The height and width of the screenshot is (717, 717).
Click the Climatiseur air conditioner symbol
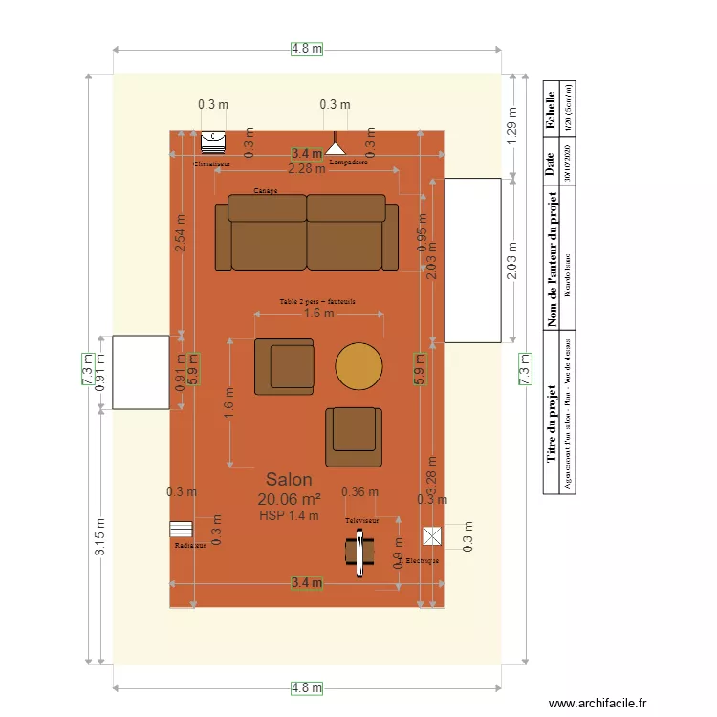click(212, 142)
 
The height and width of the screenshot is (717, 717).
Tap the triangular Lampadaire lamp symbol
click(334, 147)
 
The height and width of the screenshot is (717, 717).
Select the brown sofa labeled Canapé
click(307, 233)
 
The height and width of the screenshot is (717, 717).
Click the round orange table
click(359, 366)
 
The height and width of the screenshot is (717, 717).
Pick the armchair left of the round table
click(285, 366)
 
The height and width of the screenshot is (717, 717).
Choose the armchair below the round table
click(353, 437)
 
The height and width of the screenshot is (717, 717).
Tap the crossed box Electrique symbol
click(432, 536)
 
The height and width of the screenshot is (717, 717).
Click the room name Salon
click(289, 479)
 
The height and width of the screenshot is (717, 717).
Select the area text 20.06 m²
click(289, 498)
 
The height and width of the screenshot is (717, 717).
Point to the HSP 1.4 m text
click(289, 515)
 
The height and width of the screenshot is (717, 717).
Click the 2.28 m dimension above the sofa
click(306, 169)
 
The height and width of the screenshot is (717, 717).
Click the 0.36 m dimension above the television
click(359, 492)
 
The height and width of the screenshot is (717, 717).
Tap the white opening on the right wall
click(472, 260)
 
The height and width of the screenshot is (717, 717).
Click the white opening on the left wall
click(141, 373)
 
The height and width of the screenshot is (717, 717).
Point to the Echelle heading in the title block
click(550, 110)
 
